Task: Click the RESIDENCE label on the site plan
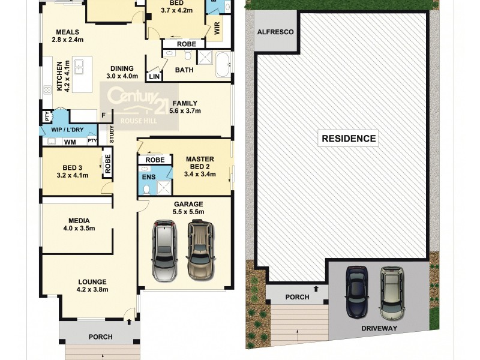349,139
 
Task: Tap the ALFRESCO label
275,32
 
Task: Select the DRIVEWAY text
379,329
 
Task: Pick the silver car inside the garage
164,250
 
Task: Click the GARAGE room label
188,204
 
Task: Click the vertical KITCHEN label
59,76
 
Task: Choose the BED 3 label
72,167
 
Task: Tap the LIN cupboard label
154,76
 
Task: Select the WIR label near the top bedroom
216,28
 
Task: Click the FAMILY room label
185,103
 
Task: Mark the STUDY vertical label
111,135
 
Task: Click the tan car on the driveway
392,292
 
